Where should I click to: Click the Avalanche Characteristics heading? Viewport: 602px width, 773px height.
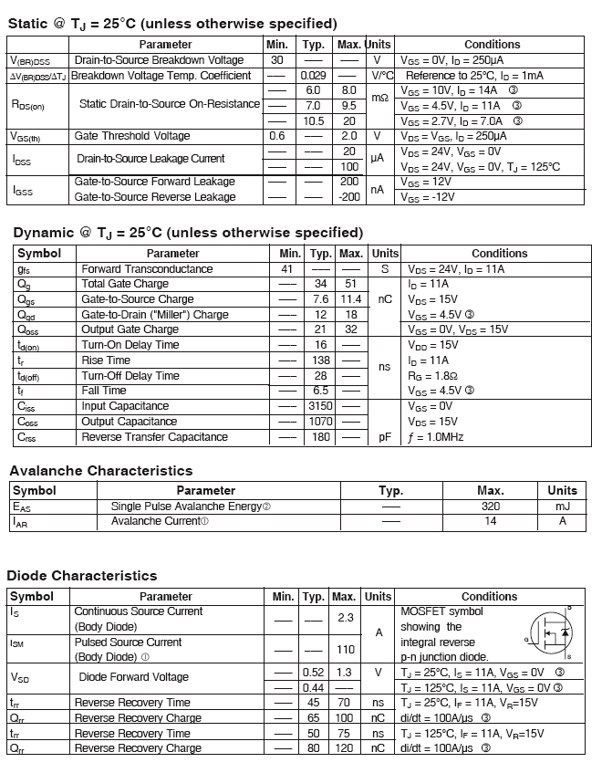tap(101, 471)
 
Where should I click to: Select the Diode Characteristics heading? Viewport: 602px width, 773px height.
tap(82, 576)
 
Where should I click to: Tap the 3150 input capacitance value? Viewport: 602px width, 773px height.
tap(320, 406)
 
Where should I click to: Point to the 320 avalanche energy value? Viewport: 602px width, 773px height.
tap(490, 507)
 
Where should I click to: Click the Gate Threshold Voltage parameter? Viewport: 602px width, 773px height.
tap(132, 136)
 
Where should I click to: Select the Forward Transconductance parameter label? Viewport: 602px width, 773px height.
tap(147, 269)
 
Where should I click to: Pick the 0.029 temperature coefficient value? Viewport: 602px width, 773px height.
tap(313, 75)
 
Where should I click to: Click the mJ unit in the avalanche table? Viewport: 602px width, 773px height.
tap(562, 507)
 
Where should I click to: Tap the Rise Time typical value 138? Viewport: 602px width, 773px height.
tap(320, 360)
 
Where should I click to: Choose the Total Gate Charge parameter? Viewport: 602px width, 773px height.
tap(125, 284)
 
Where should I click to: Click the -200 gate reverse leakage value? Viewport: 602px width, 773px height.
tap(348, 197)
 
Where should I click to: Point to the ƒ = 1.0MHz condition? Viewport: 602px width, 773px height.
tap(436, 437)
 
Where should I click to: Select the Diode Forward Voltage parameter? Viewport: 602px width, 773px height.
tap(134, 677)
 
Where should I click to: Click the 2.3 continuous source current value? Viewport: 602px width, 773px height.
tap(345, 618)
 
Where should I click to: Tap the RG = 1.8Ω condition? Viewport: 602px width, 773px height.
tap(431, 375)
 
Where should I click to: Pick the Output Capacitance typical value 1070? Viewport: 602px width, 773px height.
tap(320, 422)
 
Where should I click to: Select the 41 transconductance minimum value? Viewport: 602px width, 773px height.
tap(288, 269)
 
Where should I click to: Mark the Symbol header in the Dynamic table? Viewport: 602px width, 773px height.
tap(39, 254)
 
